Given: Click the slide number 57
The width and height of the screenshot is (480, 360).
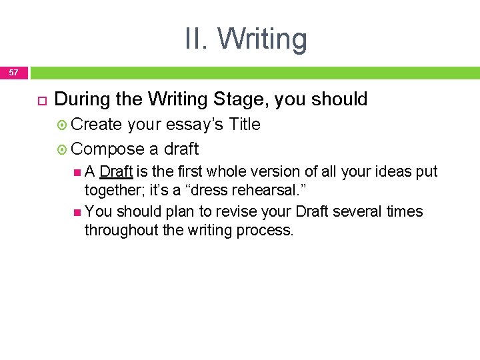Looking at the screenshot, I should pyautogui.click(x=14, y=72).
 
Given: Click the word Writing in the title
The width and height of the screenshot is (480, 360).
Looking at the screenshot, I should pyautogui.click(x=262, y=39).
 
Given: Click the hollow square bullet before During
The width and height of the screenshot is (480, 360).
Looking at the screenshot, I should pyautogui.click(x=40, y=100).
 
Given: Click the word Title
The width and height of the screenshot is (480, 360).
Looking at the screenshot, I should pyautogui.click(x=244, y=125).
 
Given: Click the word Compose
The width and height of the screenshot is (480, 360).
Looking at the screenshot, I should pyautogui.click(x=107, y=149).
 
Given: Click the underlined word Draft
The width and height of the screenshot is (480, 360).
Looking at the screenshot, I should pyautogui.click(x=116, y=171).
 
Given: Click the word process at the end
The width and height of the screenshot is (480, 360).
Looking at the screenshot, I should pyautogui.click(x=267, y=231).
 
